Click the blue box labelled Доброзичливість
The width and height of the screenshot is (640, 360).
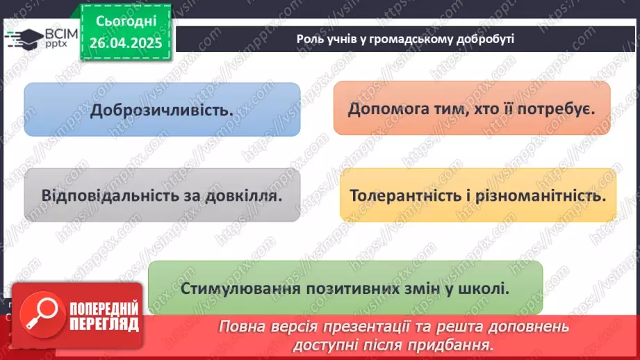tap(162, 109)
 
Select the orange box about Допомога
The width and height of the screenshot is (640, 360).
tap(472, 108)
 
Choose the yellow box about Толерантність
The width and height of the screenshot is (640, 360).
tap(477, 195)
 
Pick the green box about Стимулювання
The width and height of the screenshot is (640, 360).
tap(345, 288)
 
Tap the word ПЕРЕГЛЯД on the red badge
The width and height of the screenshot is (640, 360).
tap(103, 324)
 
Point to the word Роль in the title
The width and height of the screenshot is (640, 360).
tap(309, 39)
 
